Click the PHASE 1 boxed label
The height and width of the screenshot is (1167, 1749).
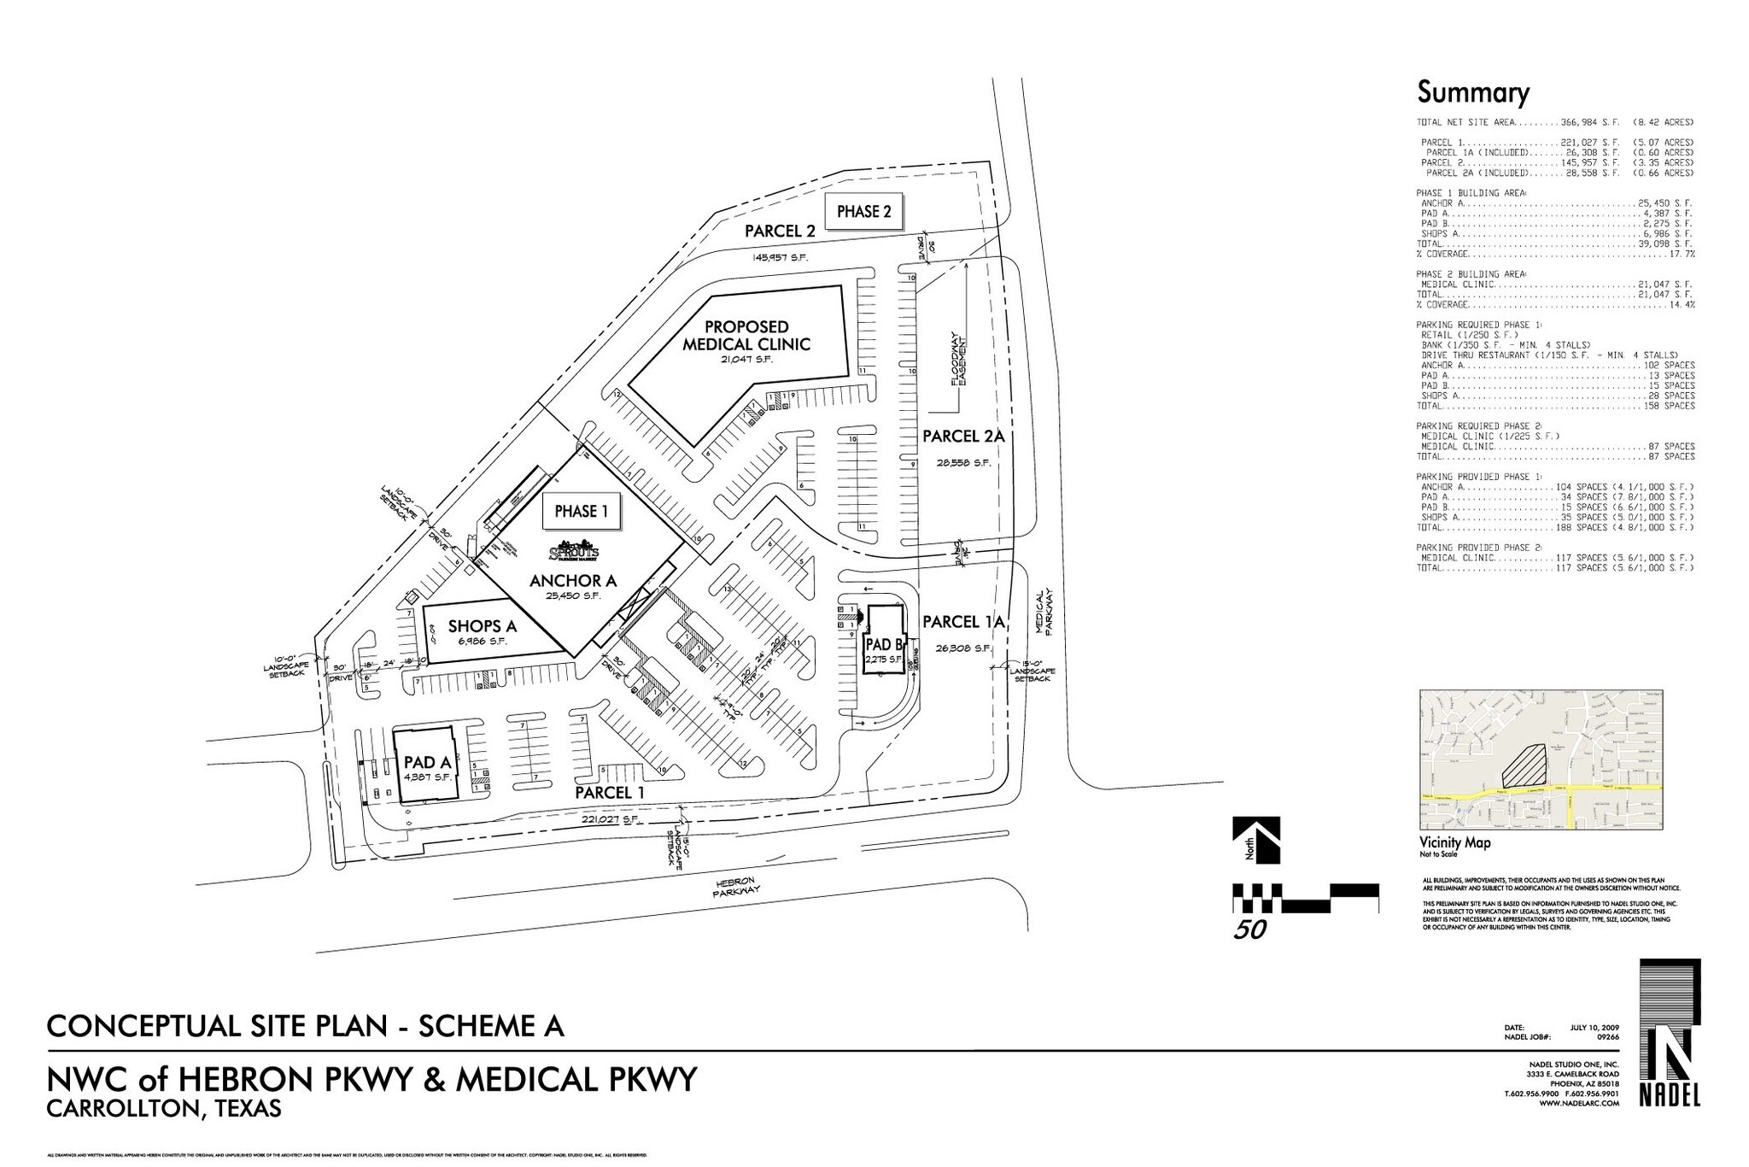pyautogui.click(x=581, y=511)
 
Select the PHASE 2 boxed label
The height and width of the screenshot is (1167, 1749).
pyautogui.click(x=863, y=211)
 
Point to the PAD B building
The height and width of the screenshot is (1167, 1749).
pyautogui.click(x=884, y=642)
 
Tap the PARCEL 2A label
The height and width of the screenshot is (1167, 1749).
pyautogui.click(x=962, y=437)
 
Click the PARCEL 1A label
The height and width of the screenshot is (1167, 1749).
pyautogui.click(x=962, y=622)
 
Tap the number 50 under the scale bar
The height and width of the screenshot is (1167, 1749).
pyautogui.click(x=1249, y=929)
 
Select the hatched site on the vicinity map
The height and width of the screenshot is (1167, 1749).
pyautogui.click(x=1525, y=764)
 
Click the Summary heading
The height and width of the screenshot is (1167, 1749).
pyautogui.click(x=1473, y=92)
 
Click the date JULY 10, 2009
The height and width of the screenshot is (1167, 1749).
pyautogui.click(x=1594, y=1027)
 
